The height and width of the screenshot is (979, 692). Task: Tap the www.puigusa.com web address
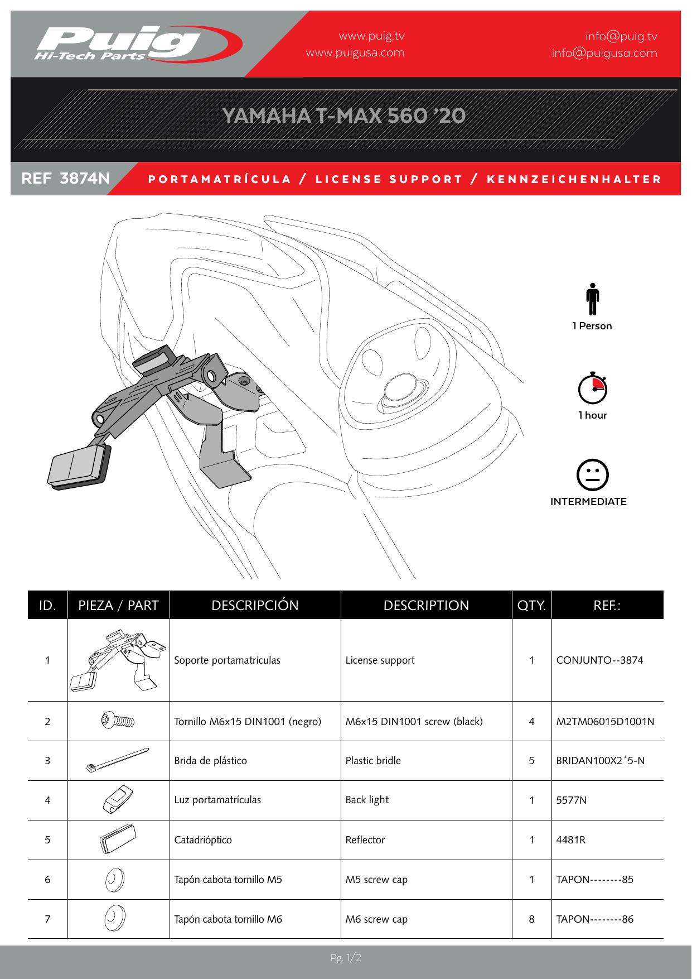[x=355, y=53]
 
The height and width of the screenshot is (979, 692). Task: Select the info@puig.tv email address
[x=621, y=36]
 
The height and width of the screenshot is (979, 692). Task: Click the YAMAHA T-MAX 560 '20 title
[x=344, y=116]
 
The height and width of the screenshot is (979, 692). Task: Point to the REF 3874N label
[x=65, y=179]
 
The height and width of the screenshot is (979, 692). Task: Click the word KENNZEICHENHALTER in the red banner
[x=574, y=179]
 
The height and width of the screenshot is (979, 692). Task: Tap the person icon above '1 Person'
[x=592, y=299]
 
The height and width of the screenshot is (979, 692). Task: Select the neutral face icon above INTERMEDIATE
[x=592, y=476]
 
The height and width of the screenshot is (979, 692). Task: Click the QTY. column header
[x=531, y=606]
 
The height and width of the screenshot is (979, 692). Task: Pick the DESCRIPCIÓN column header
[x=255, y=606]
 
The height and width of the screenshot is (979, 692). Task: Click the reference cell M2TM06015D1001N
[x=605, y=722]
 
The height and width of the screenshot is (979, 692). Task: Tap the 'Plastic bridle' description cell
[x=373, y=761]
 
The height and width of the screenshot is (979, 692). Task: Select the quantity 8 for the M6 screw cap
[x=531, y=919]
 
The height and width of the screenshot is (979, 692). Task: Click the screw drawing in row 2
[x=118, y=721]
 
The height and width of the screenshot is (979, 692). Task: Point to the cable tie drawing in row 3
[x=118, y=760]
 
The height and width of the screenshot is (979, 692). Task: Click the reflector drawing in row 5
[x=118, y=839]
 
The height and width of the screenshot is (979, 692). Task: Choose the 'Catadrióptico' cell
[x=203, y=840]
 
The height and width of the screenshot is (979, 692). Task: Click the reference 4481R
[x=570, y=840]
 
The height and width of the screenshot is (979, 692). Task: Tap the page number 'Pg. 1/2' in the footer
[x=346, y=958]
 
